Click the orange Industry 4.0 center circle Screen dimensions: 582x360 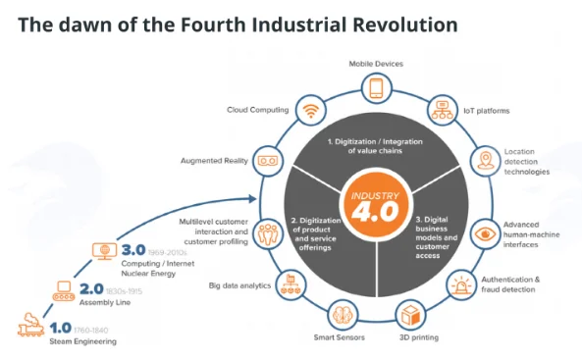coord(376,206)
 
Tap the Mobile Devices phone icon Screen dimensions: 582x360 coord(376,88)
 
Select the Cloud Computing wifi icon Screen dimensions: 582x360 coord(311,110)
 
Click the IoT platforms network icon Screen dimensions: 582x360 coord(442,110)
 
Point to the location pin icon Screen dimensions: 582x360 coord(485,161)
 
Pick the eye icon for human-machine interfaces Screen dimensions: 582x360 coord(485,233)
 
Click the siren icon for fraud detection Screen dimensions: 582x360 coord(461,285)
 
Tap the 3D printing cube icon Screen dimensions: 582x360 coord(410,315)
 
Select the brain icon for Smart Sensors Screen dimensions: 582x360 coord(343,315)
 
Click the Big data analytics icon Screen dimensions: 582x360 coord(291,285)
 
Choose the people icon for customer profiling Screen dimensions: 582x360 coord(268,233)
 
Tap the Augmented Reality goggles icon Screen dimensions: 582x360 coord(268,161)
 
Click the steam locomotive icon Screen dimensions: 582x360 coord(30,325)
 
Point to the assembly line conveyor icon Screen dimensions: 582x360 coord(64,291)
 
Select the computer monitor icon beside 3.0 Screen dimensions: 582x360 coord(104,251)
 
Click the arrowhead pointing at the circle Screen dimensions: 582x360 coord(253,198)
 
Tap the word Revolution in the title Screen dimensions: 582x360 coord(405,25)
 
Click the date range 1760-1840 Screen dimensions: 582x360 coord(91,330)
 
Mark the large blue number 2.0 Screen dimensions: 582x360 coord(91,289)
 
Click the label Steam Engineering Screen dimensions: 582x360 coord(82,341)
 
